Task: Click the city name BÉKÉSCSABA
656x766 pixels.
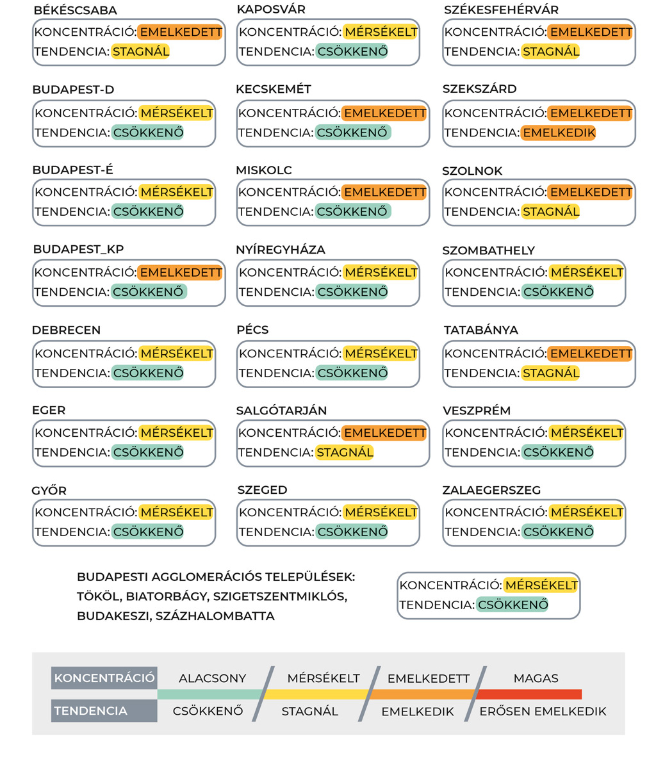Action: coord(75,10)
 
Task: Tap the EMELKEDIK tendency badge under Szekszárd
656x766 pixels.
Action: coord(558,133)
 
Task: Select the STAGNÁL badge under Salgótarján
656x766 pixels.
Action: coord(344,452)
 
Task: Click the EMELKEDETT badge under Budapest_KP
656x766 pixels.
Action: coord(180,272)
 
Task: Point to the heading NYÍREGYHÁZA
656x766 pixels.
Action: coord(281,249)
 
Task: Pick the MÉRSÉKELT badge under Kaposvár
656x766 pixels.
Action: coord(380,32)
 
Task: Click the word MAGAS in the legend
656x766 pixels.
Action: coord(536,678)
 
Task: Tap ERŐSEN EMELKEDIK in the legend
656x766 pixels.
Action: coord(543,711)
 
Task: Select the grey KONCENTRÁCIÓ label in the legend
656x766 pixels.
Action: coord(104,678)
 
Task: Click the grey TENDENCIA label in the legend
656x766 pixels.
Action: coord(91,711)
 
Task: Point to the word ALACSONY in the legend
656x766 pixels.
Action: coord(212,678)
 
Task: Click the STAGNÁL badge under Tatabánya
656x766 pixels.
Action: coord(550,373)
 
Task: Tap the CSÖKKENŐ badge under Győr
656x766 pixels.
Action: coord(147,532)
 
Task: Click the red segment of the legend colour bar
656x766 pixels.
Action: coord(529,694)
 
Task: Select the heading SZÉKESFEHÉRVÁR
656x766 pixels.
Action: coord(501,10)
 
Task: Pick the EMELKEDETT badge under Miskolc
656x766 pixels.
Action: coord(384,191)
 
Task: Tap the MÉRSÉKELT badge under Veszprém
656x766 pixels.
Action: coord(586,432)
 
